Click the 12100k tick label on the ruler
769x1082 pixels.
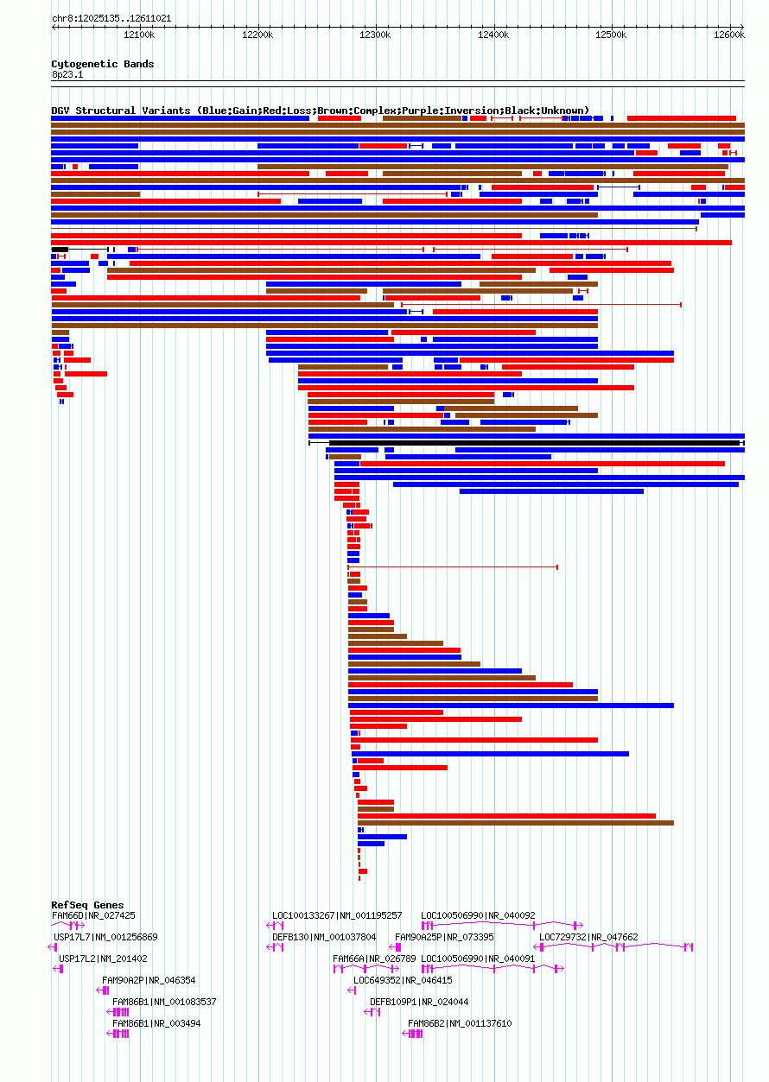[139, 35]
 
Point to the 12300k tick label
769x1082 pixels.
[375, 35]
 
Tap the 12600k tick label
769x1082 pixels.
[729, 35]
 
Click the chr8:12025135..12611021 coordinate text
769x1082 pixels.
[111, 18]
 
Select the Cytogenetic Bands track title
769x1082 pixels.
[102, 64]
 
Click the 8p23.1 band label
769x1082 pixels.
[67, 75]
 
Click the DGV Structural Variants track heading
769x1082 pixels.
[320, 111]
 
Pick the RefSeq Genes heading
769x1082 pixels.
[87, 905]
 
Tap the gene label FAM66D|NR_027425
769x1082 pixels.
[93, 915]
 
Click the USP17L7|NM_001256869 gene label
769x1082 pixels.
[105, 937]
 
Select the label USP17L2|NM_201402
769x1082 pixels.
[103, 959]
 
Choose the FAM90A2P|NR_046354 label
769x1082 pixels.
[149, 980]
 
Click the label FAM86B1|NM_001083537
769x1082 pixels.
[164, 1002]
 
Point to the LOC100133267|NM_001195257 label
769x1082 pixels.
[337, 915]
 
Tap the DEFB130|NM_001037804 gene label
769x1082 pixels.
[324, 937]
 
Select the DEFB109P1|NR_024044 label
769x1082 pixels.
[419, 1002]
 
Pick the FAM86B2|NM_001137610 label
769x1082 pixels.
[460, 1023]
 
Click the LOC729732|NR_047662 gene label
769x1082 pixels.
[588, 937]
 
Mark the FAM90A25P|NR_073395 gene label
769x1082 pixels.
[444, 937]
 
